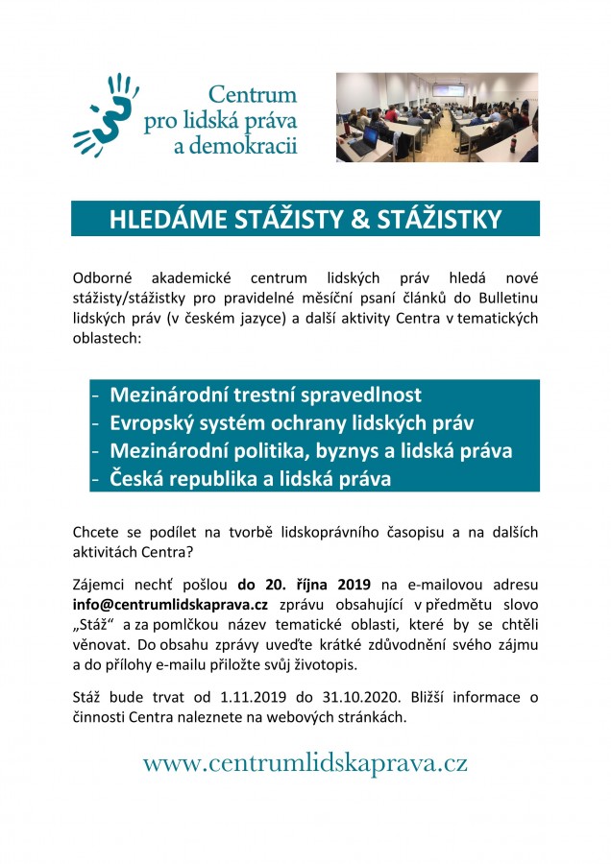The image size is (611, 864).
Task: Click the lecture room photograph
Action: click(x=436, y=117)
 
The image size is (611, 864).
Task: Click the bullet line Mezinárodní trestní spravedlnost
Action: click(x=265, y=395)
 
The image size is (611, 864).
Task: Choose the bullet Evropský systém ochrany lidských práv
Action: click(x=292, y=422)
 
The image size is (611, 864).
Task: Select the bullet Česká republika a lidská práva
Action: click(x=250, y=478)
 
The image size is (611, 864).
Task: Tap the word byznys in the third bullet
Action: click(x=368, y=450)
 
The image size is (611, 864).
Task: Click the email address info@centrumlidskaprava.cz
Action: click(x=170, y=604)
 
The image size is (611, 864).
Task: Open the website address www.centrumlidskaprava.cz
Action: click(x=305, y=763)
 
